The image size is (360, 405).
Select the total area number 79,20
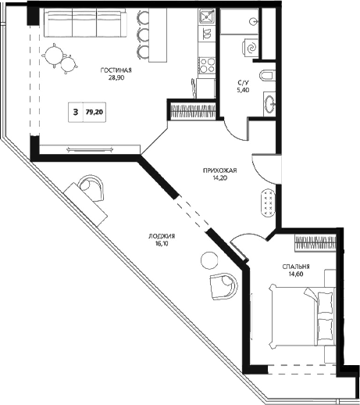coord(95,112)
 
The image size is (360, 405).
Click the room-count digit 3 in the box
coord(75,112)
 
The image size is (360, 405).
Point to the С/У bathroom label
coord(243,81)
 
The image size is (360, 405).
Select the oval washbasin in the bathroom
coord(269,102)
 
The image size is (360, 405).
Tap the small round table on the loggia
coord(208,260)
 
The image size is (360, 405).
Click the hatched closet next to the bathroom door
coord(191,109)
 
